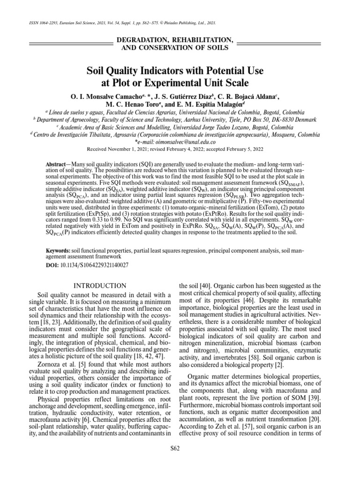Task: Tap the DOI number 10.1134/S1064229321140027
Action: (x=91, y=265)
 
